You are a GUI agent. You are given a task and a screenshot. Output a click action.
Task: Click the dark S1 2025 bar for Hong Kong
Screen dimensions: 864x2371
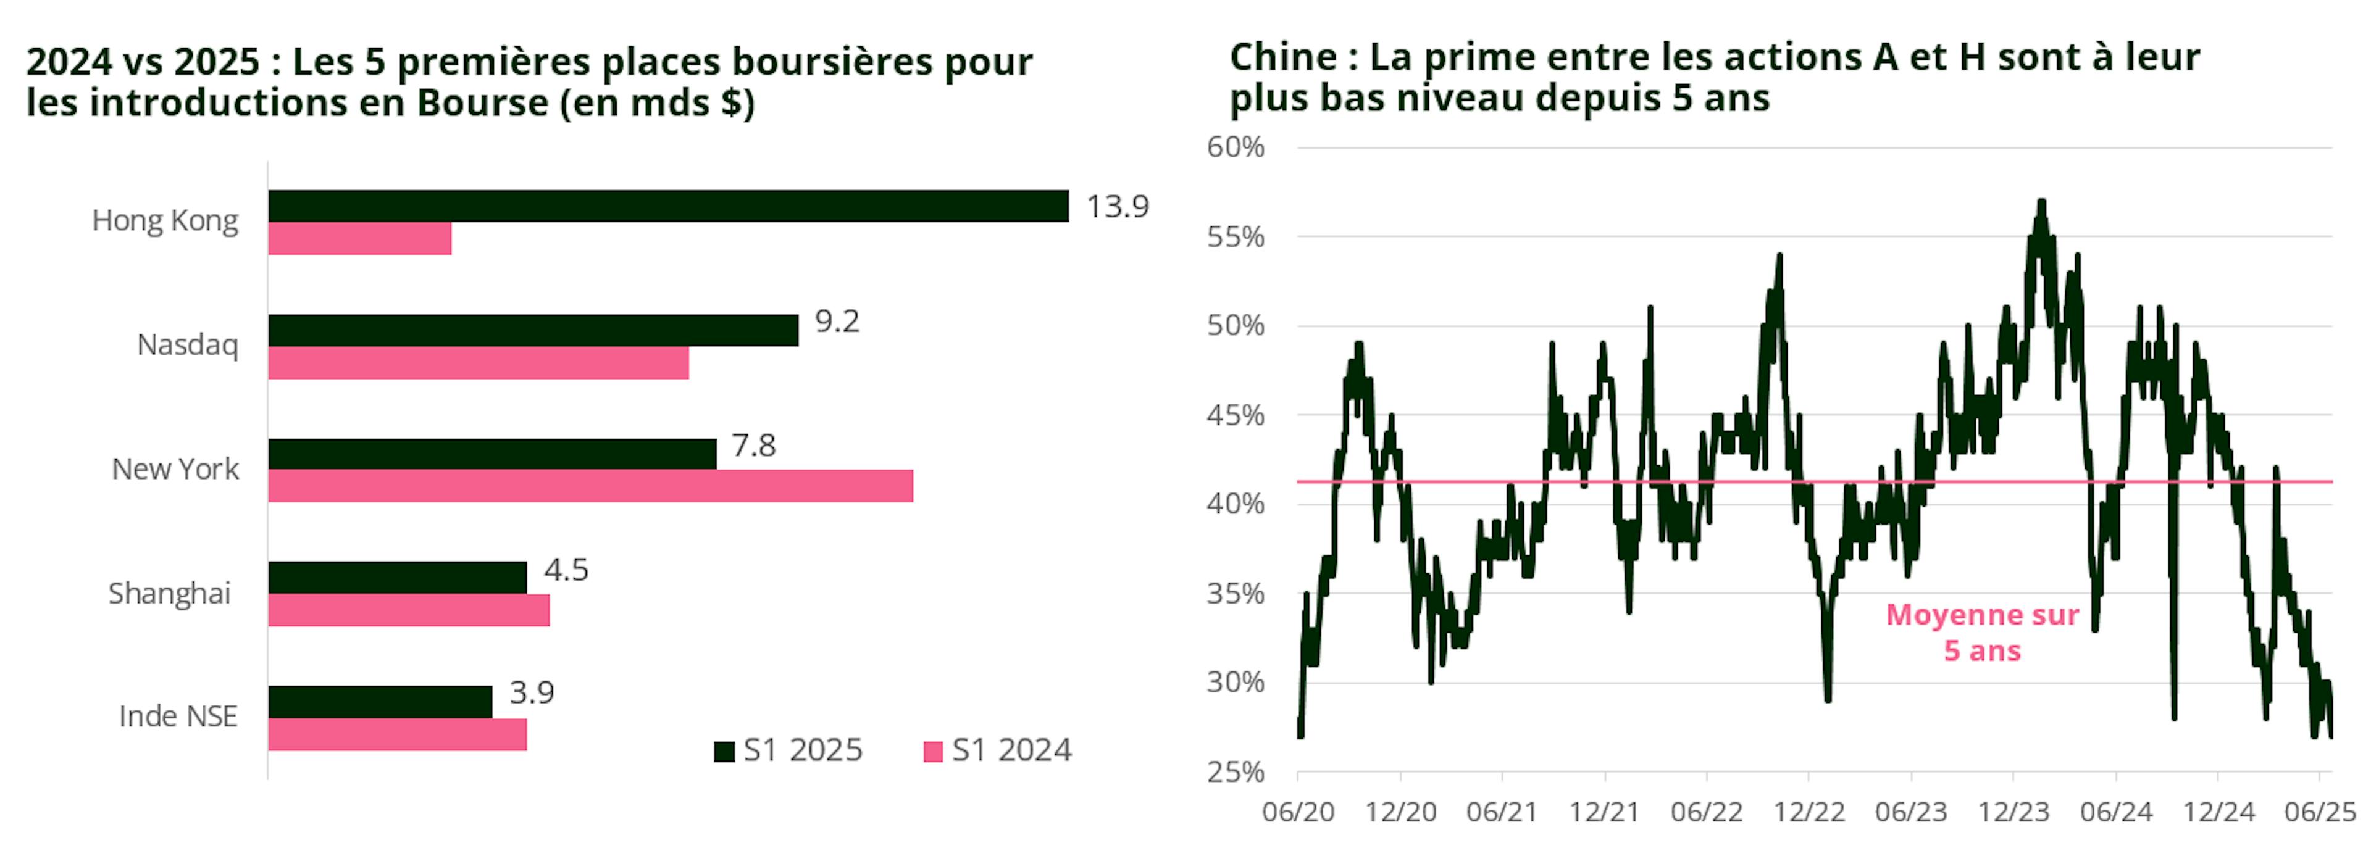pos(668,206)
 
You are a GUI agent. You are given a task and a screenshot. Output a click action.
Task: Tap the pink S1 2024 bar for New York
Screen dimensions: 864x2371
pos(590,486)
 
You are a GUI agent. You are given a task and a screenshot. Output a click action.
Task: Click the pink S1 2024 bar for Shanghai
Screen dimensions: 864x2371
pos(409,610)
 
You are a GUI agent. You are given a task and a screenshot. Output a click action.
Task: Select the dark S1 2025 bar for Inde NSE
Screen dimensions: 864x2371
pos(380,701)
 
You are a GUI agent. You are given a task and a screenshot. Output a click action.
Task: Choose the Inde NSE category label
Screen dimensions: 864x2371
pos(178,716)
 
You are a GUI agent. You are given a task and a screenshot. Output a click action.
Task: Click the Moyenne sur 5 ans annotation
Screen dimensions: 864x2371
pos(1981,632)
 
